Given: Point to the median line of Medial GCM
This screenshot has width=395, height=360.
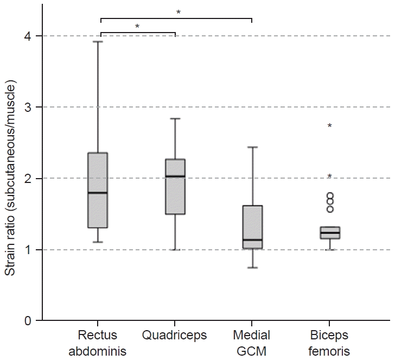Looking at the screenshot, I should tap(252, 240).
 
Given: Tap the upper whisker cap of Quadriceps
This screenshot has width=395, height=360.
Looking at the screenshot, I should tap(175, 118).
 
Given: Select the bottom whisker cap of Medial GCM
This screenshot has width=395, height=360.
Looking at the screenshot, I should tap(252, 268).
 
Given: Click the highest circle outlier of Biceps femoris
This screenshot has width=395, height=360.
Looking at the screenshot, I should tap(329, 196).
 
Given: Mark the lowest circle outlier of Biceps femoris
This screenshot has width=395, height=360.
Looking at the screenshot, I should tap(329, 209).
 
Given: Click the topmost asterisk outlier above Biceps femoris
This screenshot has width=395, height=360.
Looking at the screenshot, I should tap(329, 127).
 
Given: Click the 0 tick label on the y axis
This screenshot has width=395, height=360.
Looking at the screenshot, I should tap(28, 321).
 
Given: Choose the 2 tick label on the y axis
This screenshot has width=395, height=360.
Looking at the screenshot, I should tap(28, 179).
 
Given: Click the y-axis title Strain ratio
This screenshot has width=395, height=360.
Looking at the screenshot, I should tap(11, 178).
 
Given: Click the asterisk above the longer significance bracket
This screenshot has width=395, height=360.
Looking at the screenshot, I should tap(178, 12).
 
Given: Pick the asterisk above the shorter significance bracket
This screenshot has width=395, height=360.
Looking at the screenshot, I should tap(137, 27).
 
